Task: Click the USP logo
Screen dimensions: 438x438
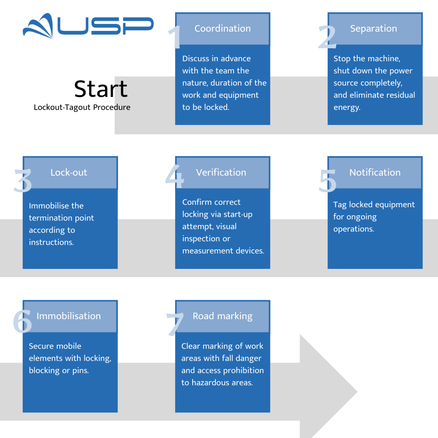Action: (x=88, y=26)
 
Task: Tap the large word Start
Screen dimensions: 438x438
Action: (x=101, y=89)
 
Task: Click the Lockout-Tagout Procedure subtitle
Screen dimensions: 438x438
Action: (x=82, y=107)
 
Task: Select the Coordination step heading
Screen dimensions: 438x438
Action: (x=223, y=28)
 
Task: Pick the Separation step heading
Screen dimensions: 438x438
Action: (x=374, y=28)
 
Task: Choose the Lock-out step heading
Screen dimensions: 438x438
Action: (x=69, y=172)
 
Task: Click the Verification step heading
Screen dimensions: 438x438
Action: (x=221, y=172)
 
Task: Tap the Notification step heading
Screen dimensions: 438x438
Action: (x=375, y=172)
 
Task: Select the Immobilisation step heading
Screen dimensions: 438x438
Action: (x=69, y=316)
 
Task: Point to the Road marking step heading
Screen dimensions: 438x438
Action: (x=223, y=316)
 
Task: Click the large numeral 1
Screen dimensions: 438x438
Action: (x=175, y=37)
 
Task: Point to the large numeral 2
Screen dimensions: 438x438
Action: (x=327, y=37)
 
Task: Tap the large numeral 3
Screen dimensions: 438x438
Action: (x=23, y=180)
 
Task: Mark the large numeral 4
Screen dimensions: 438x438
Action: (x=175, y=176)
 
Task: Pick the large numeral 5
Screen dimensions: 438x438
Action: (x=327, y=181)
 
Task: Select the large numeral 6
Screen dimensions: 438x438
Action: (x=23, y=321)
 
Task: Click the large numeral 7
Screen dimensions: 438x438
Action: (x=175, y=324)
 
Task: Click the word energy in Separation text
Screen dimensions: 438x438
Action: (x=347, y=107)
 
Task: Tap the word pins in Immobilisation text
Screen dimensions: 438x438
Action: (x=80, y=371)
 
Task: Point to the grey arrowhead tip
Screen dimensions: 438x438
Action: (x=357, y=392)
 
